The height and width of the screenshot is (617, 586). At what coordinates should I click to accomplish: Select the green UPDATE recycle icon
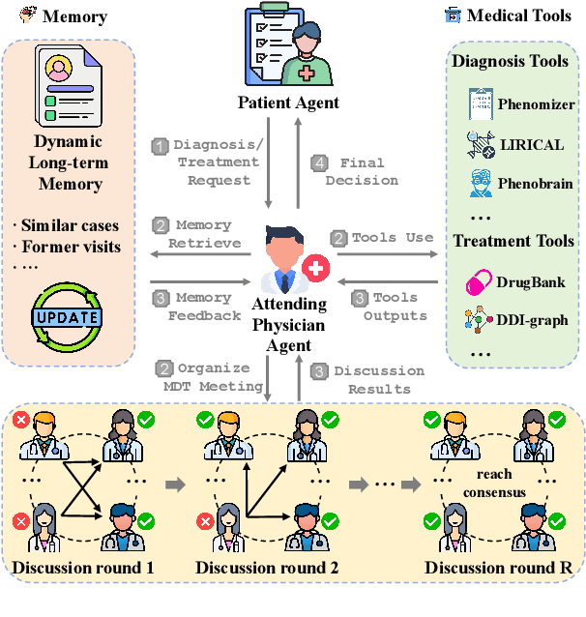[67, 315]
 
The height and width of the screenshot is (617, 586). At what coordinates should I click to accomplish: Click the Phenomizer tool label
[536, 104]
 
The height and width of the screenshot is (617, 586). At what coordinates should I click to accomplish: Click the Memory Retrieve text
[197, 234]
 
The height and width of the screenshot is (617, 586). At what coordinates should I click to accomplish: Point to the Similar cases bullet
[67, 225]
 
